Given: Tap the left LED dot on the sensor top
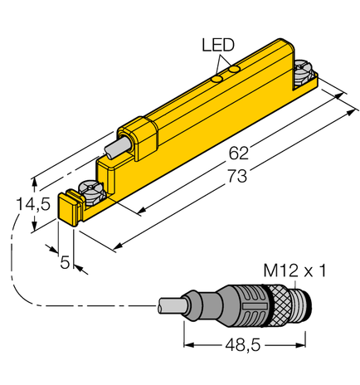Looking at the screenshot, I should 216,80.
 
